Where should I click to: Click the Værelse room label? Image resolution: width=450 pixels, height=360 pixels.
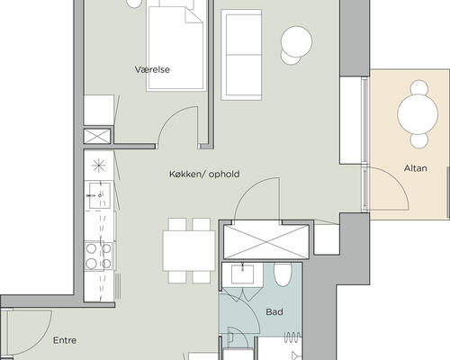coord(152,69)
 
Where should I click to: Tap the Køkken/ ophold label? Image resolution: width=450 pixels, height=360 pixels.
coord(204,174)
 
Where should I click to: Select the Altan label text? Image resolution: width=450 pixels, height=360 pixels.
coord(416,168)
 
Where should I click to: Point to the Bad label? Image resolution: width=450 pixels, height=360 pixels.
coord(274,312)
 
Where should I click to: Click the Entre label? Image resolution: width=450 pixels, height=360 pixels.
coord(65,340)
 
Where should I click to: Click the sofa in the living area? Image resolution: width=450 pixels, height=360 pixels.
coord(241,55)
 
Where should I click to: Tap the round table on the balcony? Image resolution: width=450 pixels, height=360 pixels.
coord(418,114)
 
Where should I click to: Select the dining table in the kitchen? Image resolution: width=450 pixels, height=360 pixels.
coord(189,251)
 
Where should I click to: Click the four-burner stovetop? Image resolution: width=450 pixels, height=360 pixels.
coord(99,256)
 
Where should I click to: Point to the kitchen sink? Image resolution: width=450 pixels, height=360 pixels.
coord(100,195)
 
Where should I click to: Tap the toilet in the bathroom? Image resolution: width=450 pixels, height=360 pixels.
coord(283,274)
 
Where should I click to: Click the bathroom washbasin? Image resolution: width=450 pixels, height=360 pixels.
coord(242,274)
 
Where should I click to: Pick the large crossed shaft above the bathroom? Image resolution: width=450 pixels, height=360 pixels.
coord(266,242)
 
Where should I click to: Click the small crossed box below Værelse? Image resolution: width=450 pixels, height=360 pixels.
coord(97,136)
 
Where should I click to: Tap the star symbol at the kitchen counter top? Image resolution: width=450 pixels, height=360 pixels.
coord(99,166)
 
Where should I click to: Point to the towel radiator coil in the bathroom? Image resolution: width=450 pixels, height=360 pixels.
coord(292,337)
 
